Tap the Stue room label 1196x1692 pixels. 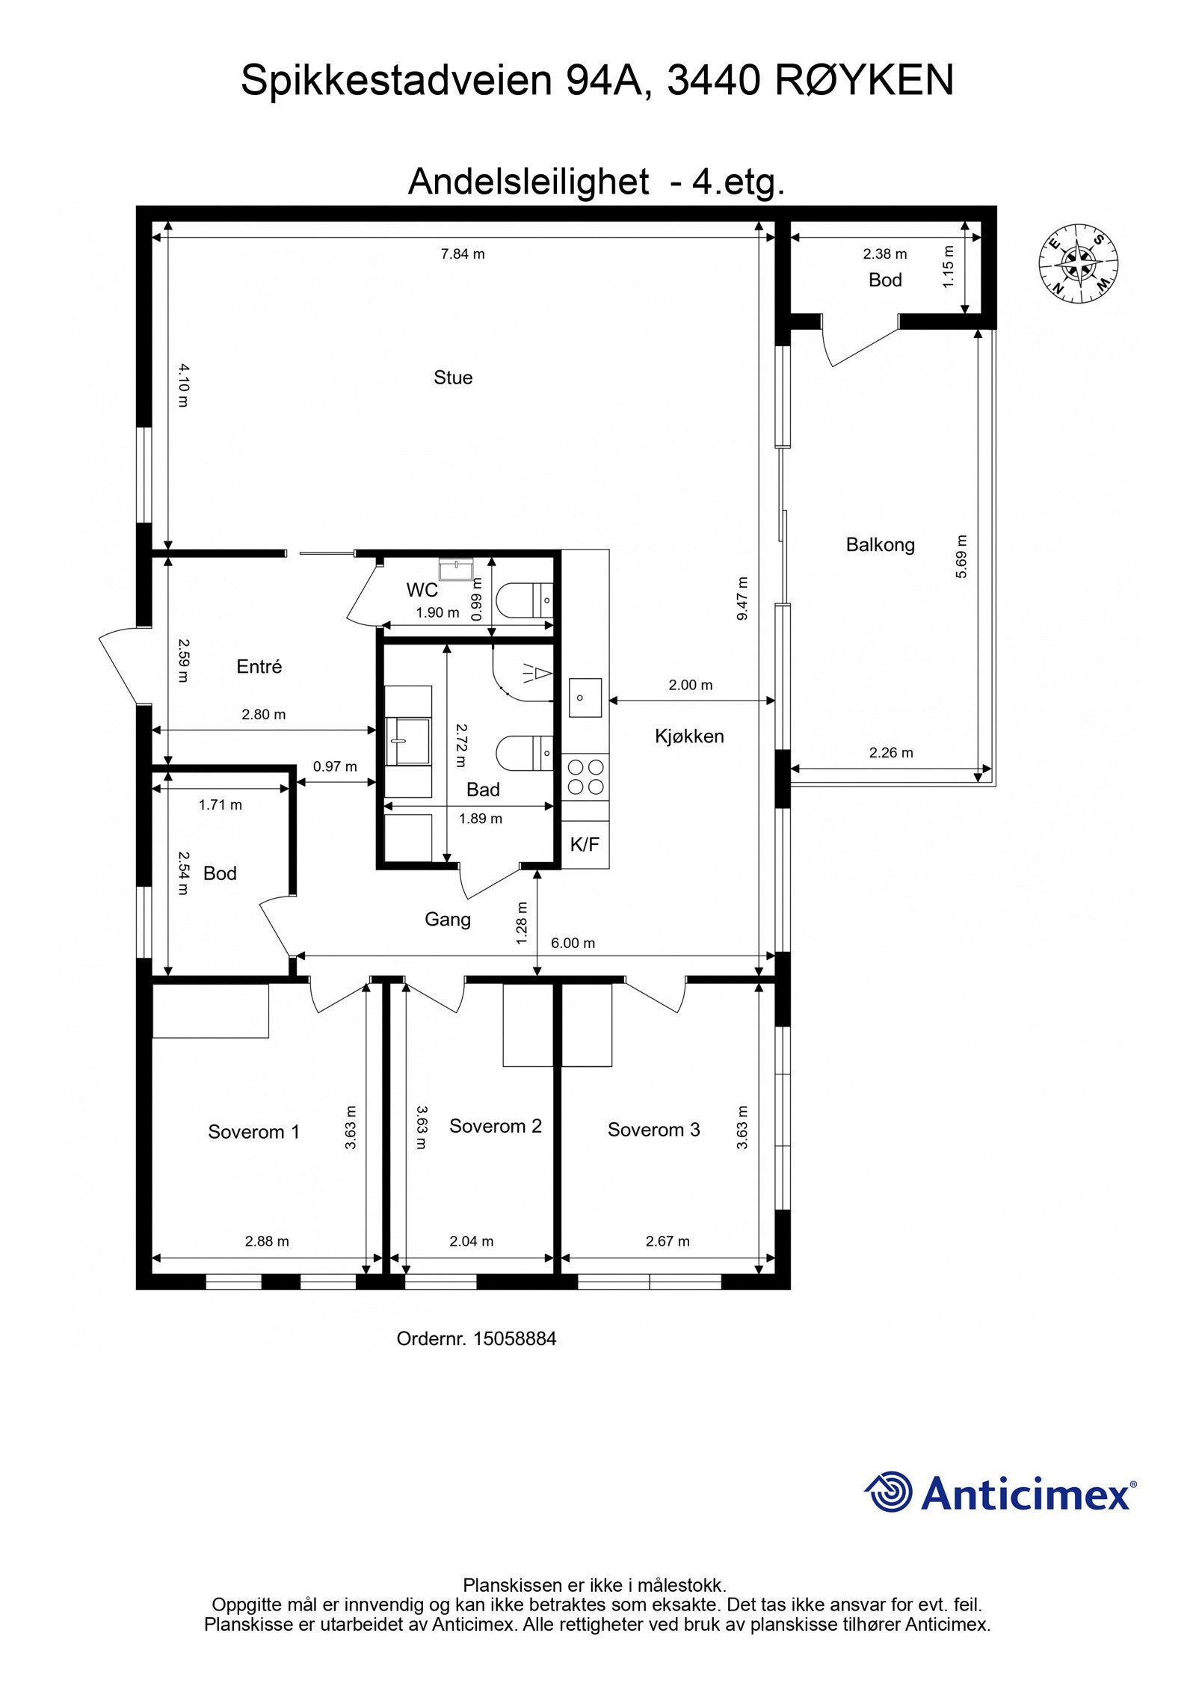[x=453, y=378]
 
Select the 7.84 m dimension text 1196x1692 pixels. [x=463, y=254]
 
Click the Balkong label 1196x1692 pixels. [x=880, y=545]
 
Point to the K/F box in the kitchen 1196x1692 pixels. [x=585, y=844]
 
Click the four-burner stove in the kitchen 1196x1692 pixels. [x=586, y=777]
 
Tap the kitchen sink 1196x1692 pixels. [x=585, y=698]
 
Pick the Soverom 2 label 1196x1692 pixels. [x=495, y=1126]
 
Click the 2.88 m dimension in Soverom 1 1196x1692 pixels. [x=267, y=1241]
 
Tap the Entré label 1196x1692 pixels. [x=259, y=666]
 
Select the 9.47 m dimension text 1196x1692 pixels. [x=742, y=598]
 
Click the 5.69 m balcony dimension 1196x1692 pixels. [x=961, y=556]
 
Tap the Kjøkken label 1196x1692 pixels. [x=689, y=736]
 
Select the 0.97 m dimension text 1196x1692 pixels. [x=335, y=766]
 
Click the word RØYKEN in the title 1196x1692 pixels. [x=864, y=81]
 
